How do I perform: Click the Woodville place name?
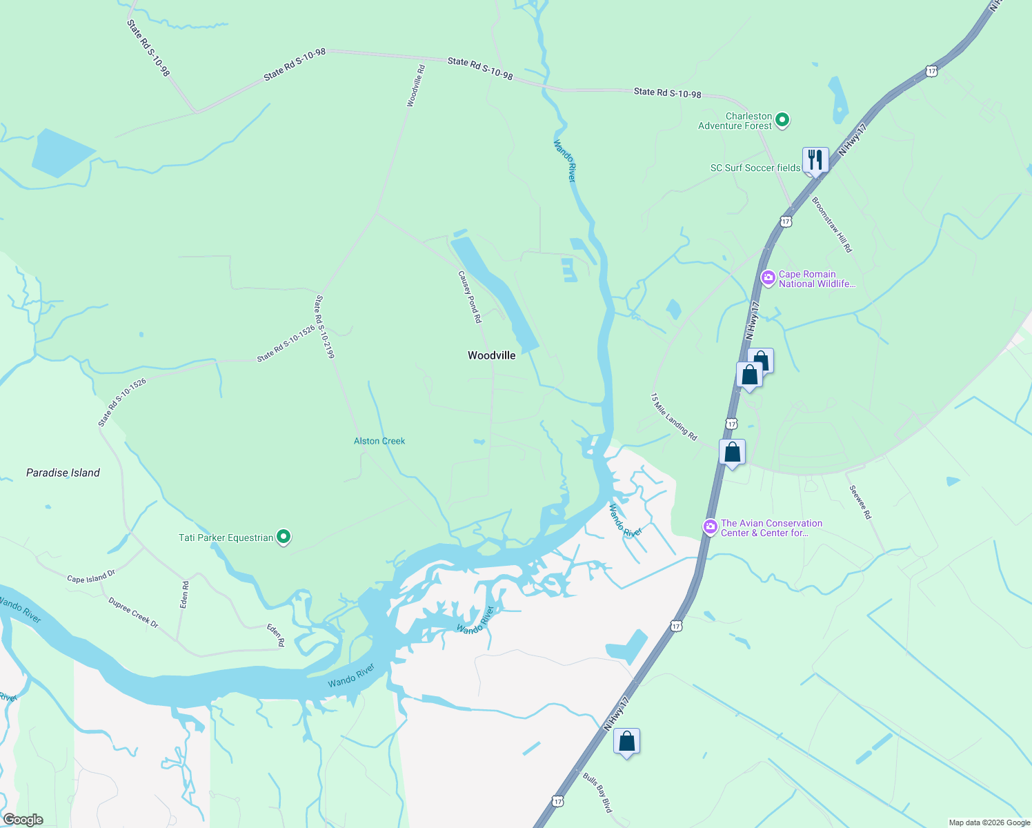click(491, 355)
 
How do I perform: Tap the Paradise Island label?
click(63, 473)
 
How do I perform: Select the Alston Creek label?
click(379, 441)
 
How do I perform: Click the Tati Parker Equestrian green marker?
click(283, 537)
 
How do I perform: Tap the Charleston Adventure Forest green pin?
click(782, 120)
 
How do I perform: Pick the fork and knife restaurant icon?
click(815, 160)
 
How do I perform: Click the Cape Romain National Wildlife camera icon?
click(768, 278)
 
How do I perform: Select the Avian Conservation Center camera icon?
click(710, 527)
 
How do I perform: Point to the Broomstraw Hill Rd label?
click(832, 225)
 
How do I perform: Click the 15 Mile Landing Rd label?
click(673, 417)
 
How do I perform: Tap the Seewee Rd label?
click(860, 502)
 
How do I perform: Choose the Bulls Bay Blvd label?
click(597, 792)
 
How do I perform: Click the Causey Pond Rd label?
click(470, 297)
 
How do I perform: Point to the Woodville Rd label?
click(416, 86)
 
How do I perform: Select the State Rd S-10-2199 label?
click(325, 327)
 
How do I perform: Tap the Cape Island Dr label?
click(91, 577)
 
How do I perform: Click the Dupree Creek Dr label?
click(133, 613)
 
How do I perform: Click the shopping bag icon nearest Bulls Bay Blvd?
click(626, 742)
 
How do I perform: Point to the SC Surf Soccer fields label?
click(755, 168)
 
